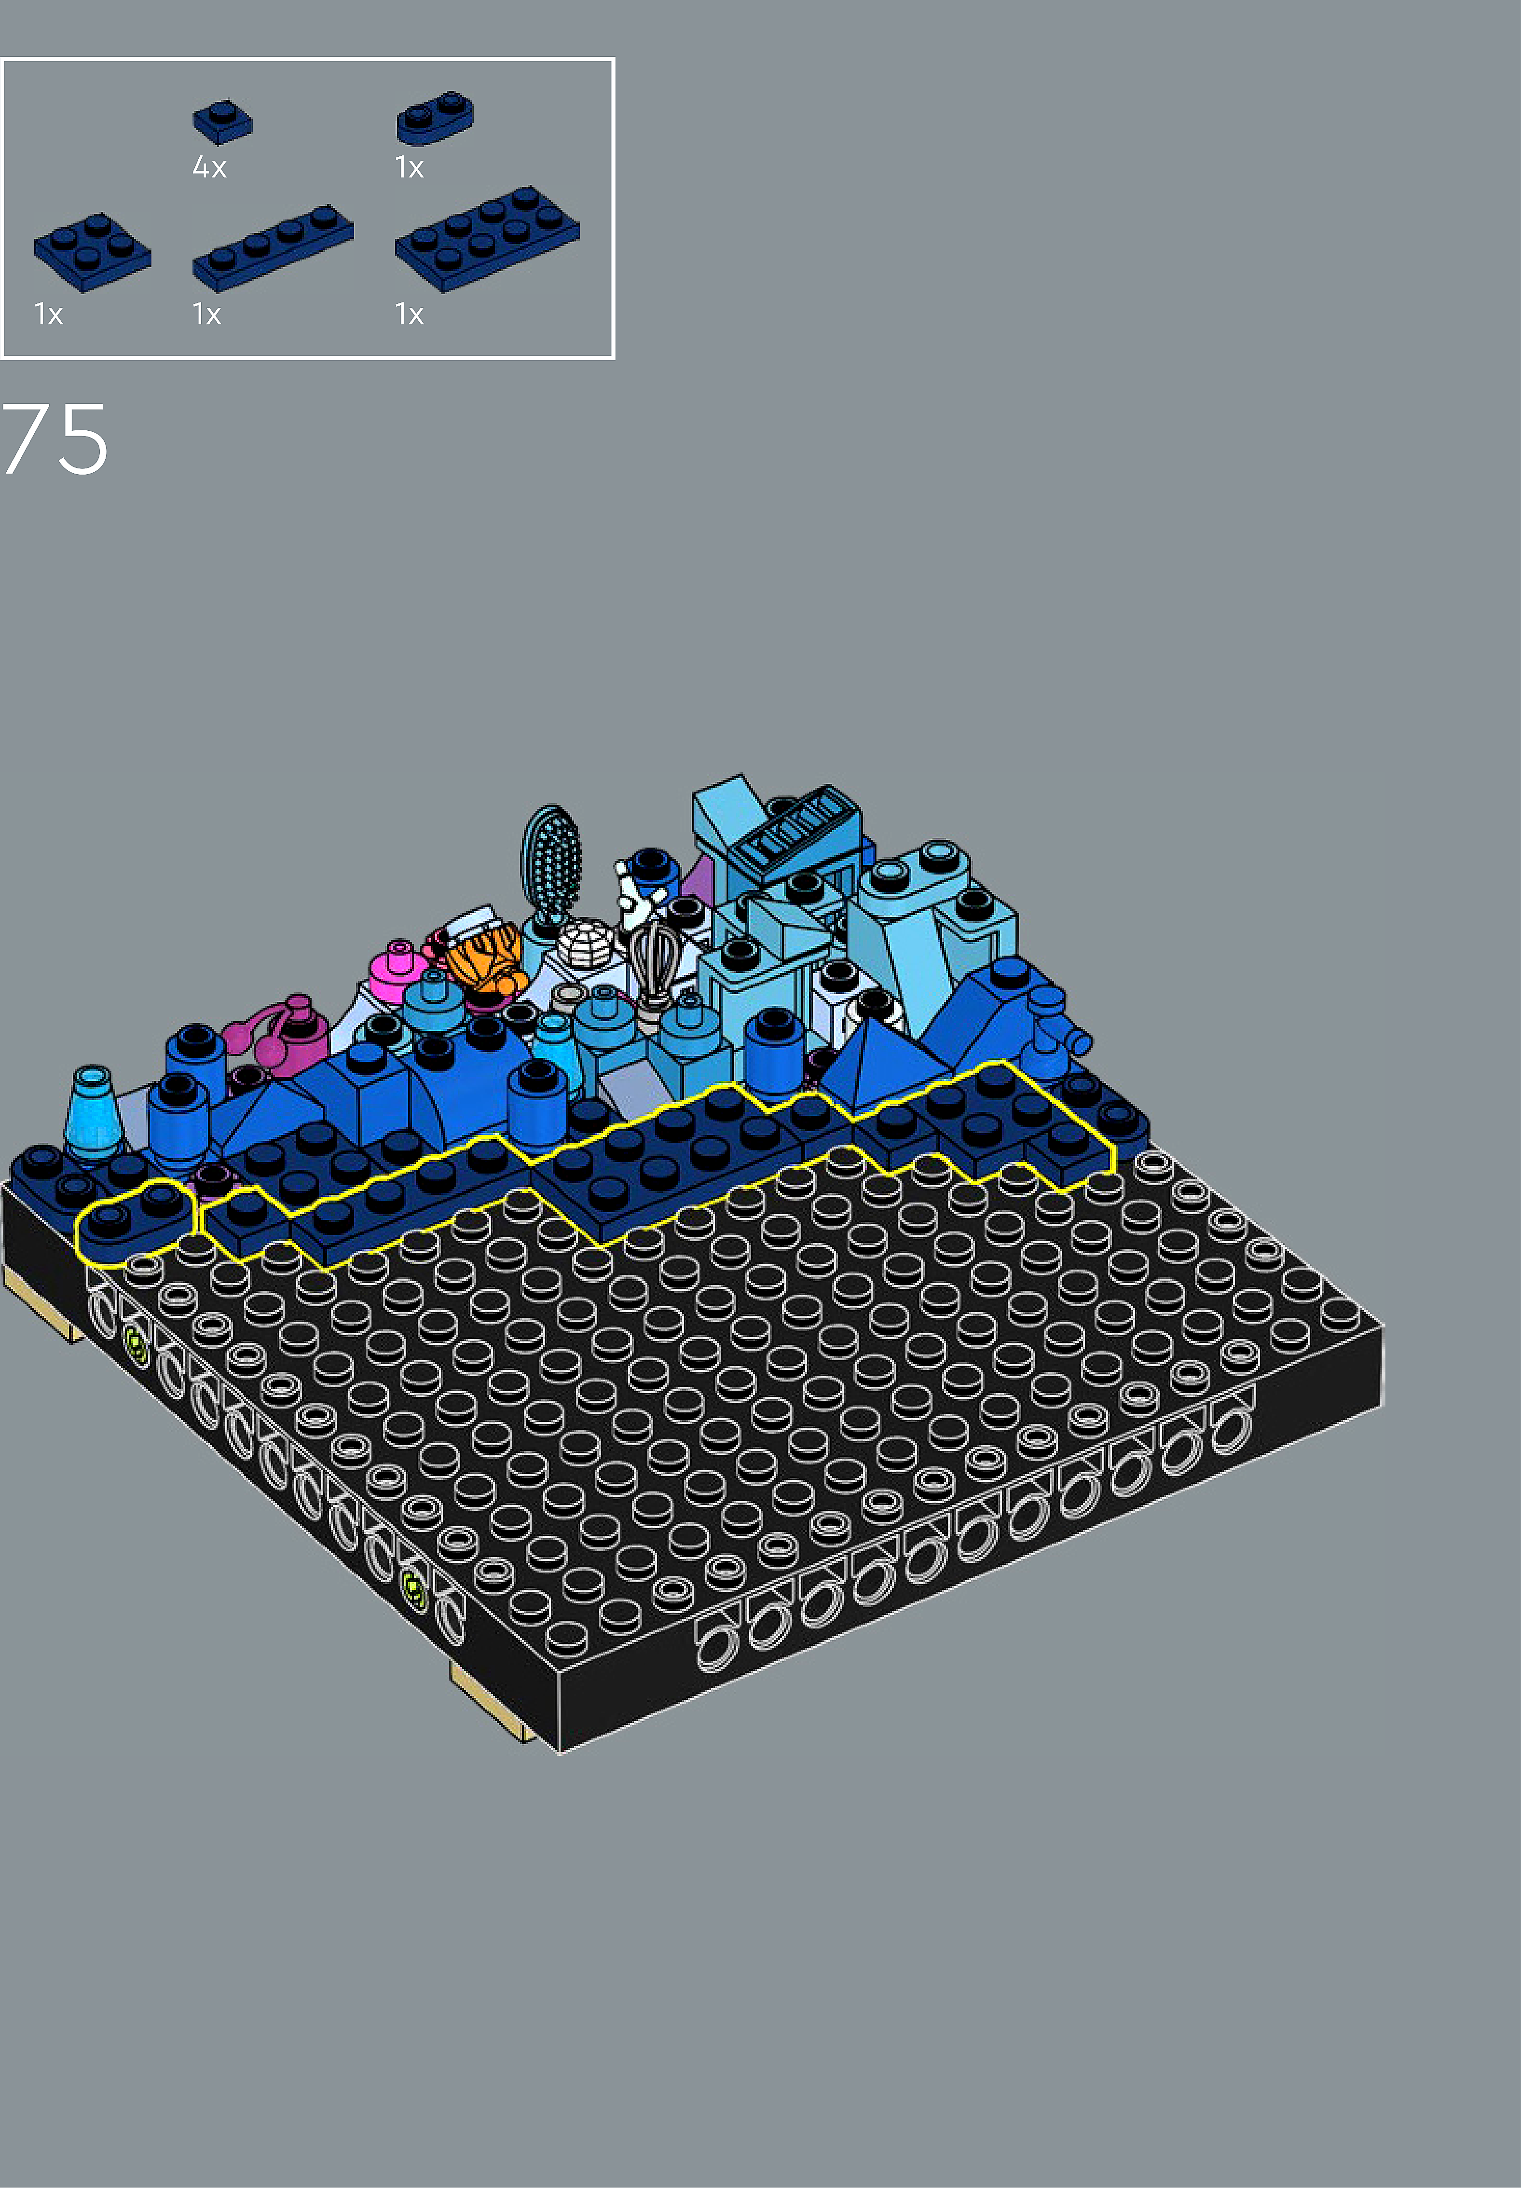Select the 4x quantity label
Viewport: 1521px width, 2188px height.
[210, 168]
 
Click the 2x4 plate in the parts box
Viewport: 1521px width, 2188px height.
[487, 238]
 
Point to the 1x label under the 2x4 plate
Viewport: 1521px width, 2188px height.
[410, 315]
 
